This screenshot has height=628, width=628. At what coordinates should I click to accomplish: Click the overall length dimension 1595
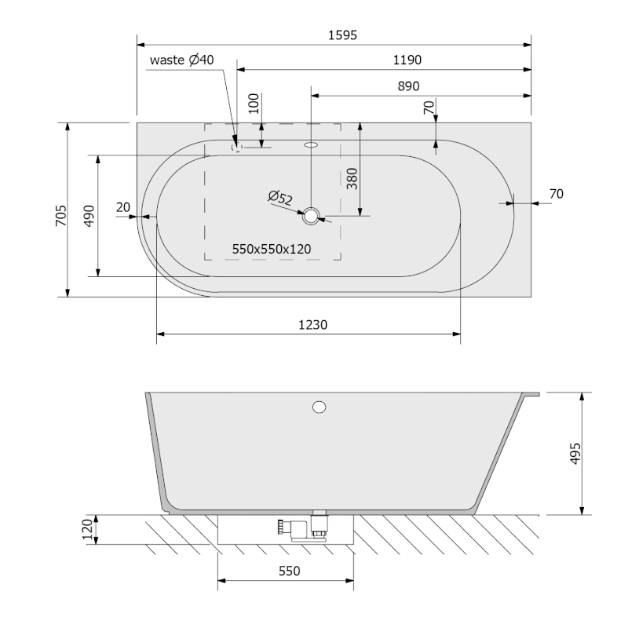[x=342, y=35]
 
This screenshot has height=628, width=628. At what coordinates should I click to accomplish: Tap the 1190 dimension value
[x=407, y=60]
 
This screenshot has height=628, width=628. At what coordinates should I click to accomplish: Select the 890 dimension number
[x=408, y=86]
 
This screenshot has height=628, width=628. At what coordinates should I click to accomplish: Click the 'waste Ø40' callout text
[x=182, y=60]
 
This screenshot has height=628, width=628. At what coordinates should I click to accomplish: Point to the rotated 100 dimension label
[x=254, y=104]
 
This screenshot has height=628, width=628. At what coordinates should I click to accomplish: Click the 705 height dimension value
[x=61, y=215]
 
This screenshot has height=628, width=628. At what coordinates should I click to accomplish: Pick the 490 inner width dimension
[x=89, y=215]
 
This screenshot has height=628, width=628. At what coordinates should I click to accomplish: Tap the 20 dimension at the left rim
[x=123, y=207]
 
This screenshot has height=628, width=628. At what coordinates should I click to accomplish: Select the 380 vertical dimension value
[x=352, y=179]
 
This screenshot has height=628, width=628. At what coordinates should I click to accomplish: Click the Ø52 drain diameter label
[x=280, y=198]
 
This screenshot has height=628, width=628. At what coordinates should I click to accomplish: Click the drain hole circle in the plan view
[x=311, y=216]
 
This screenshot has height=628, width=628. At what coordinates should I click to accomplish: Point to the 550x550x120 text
[x=272, y=249]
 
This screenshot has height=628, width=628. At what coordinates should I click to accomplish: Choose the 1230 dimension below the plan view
[x=312, y=325]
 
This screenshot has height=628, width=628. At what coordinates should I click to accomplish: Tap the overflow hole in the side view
[x=319, y=407]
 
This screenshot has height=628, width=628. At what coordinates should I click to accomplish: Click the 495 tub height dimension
[x=575, y=454]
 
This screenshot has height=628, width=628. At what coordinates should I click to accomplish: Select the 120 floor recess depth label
[x=87, y=529]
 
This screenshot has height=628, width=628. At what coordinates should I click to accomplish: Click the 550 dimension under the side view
[x=289, y=571]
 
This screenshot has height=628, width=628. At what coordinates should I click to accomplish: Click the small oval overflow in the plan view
[x=311, y=144]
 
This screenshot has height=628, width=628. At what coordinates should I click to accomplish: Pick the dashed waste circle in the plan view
[x=237, y=148]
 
